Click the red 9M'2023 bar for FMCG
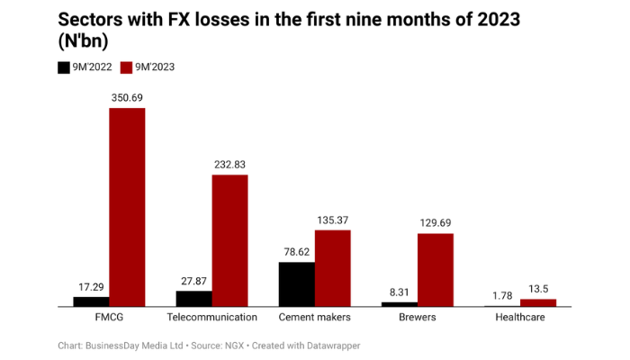point(127,207)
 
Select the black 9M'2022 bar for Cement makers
point(296,284)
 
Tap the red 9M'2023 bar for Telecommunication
point(229,240)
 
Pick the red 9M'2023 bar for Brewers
point(436,270)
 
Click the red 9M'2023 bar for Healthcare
point(538,303)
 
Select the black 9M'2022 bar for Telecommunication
point(193,299)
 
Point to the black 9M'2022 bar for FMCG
point(91,301)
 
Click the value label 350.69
point(127,97)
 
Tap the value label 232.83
point(229,164)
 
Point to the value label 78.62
point(296,252)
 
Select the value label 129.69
point(436,222)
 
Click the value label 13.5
point(538,288)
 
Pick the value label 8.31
point(400,292)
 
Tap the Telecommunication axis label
point(212,318)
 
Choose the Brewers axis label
point(418,318)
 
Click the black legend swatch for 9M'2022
point(64,67)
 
